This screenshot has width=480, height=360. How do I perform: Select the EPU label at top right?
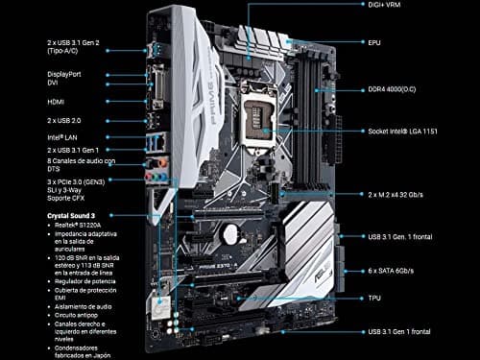[375, 42]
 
